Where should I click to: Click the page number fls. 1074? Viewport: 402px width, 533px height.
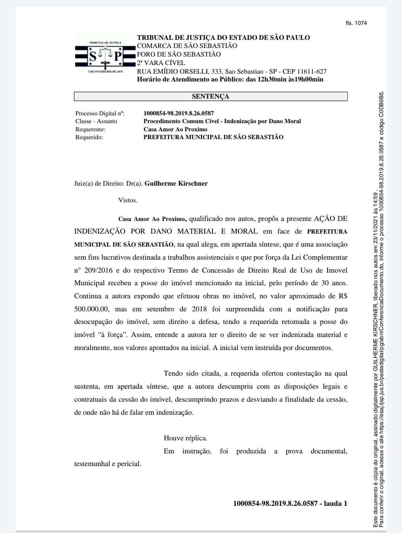(356, 23)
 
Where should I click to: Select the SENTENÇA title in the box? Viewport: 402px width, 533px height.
(210, 96)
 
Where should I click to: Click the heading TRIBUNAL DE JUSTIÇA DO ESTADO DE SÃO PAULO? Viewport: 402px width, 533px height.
(223, 38)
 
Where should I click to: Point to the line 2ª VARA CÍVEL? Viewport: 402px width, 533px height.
(161, 63)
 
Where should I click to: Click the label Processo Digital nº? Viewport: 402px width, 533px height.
(100, 113)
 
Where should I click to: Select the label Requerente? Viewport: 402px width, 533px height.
(90, 129)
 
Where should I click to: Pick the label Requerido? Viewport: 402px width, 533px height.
(89, 137)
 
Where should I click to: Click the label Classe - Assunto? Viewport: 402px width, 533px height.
(96, 121)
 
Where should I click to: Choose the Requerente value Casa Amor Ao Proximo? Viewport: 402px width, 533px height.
(175, 129)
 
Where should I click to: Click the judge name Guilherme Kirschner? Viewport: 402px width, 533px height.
(176, 183)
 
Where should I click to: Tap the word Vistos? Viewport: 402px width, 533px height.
(128, 200)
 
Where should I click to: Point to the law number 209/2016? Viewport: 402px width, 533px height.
(98, 270)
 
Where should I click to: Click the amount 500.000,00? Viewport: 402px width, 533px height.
(92, 309)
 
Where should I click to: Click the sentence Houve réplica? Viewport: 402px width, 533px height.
(185, 438)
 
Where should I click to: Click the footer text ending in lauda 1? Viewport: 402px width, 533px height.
(290, 503)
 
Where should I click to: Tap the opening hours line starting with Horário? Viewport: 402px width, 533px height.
(230, 79)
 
